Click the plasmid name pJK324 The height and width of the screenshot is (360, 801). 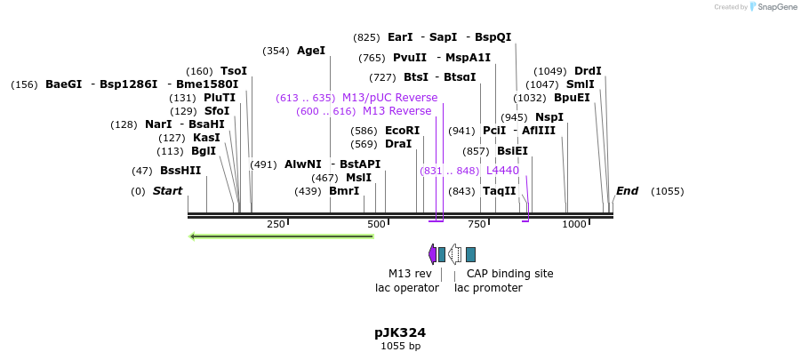coord(399,332)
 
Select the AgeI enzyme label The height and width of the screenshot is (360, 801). coord(311,51)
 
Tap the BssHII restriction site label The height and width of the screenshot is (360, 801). coord(180,171)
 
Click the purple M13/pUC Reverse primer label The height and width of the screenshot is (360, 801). coord(389,98)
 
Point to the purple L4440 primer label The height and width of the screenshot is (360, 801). coord(502,171)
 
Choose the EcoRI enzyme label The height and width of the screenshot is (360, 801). coord(402,131)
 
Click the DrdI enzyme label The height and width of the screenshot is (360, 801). coord(588,71)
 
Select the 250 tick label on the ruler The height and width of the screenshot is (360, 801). coord(276,224)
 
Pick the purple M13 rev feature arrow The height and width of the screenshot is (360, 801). coord(432,254)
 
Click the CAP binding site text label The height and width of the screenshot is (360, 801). coord(509,274)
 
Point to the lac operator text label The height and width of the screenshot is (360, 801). coord(407,288)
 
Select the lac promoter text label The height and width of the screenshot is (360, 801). coord(488,288)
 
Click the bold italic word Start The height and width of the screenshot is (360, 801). coord(167,191)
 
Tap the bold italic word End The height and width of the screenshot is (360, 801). coord(627,191)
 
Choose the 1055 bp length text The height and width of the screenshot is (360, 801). coord(400,346)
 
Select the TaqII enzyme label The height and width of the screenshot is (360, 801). coord(499,191)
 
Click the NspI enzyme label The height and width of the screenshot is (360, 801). coord(549,117)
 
